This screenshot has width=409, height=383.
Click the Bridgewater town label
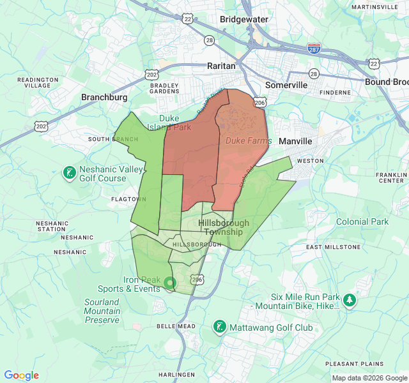coord(244,19)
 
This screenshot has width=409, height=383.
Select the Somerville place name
coord(286,85)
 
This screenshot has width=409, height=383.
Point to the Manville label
coord(295,141)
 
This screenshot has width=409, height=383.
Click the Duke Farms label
coord(249,140)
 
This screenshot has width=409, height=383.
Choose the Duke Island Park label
coord(169,123)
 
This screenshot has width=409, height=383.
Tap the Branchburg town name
coord(104,97)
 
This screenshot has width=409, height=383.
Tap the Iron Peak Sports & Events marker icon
coord(169,282)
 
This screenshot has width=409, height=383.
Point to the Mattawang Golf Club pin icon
coord(219,327)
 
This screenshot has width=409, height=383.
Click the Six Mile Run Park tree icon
coord(349,300)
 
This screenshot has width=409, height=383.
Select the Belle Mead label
coord(176,326)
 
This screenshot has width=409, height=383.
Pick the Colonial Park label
coord(362,222)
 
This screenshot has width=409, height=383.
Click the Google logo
coord(21,375)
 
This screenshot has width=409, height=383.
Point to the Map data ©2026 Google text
coord(369,378)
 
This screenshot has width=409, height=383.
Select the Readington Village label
coord(38,82)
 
